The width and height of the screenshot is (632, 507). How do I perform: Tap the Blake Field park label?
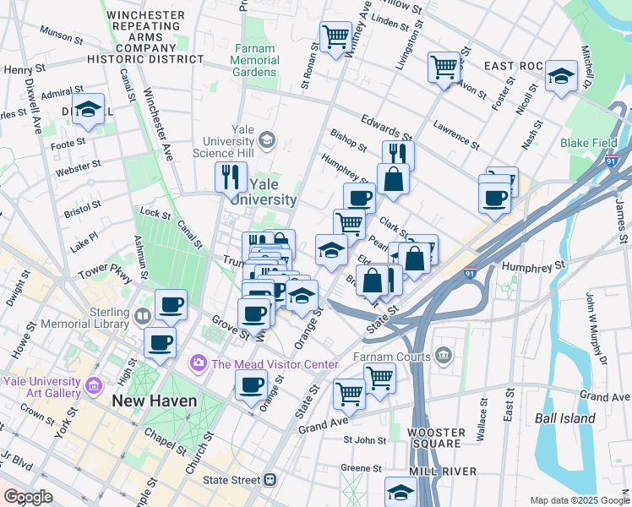pos(588,143)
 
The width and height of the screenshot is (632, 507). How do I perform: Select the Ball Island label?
pos(564,417)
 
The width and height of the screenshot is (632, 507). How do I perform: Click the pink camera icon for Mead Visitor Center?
pos(199,363)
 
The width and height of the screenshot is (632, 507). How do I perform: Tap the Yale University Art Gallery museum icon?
pos(94,387)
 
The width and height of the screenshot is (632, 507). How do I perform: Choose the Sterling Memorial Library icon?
pos(142,317)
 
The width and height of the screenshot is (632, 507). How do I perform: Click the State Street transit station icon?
pos(270,480)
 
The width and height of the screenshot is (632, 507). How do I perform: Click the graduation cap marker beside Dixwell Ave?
pos(88,109)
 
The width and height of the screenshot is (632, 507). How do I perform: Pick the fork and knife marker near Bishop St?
pos(397,154)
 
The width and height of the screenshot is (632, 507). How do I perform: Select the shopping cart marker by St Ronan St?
pos(335,36)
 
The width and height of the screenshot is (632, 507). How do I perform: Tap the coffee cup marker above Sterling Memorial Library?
pos(171,304)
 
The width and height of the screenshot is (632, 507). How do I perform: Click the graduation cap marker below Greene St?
pos(400,491)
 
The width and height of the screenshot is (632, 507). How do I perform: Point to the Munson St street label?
pos(61,36)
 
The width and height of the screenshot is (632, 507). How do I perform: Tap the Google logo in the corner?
pos(28,497)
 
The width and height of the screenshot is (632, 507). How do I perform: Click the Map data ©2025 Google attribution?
pos(578,500)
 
